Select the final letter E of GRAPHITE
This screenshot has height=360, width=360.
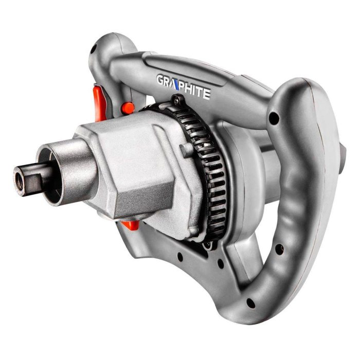206,94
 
